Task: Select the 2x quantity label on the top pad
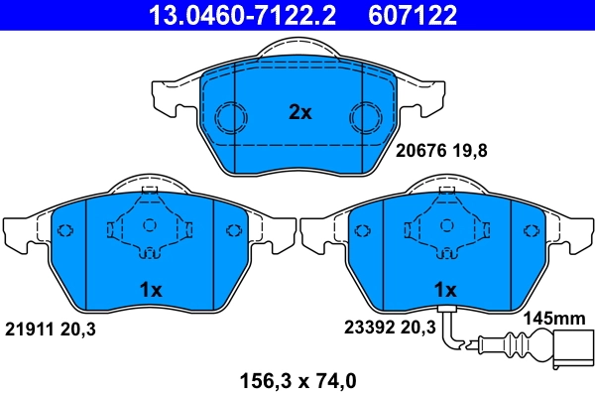coord(299,113)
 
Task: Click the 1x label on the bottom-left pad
coord(150,291)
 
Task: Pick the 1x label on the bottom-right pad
coord(444,291)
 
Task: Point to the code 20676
coord(420,152)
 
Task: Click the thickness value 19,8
coord(472,152)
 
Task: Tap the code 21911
coord(31,327)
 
